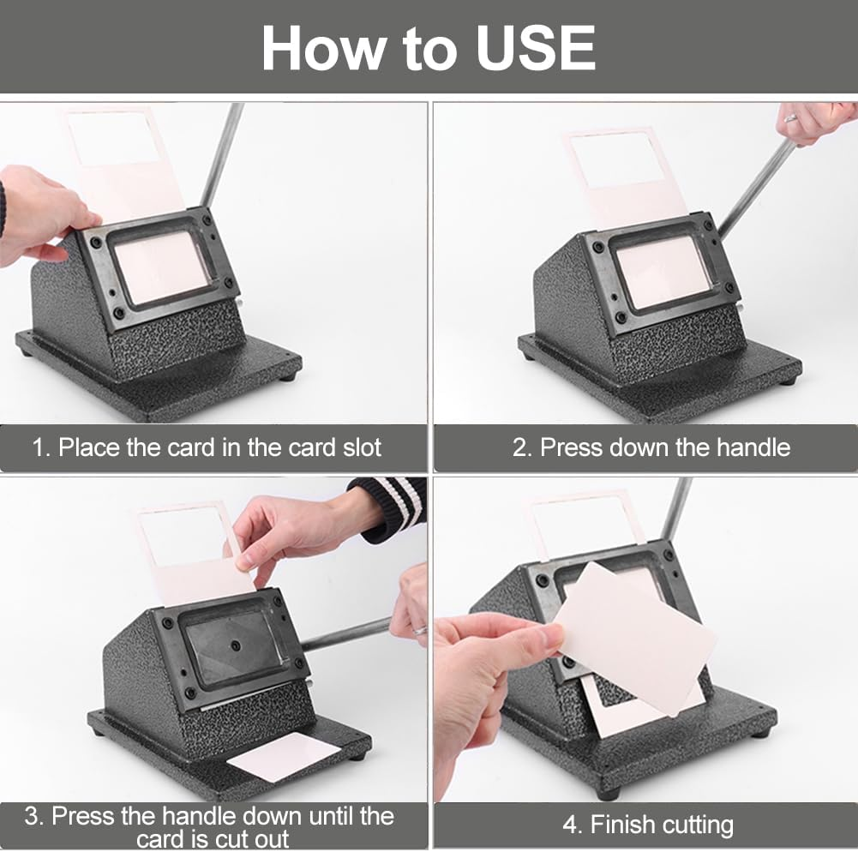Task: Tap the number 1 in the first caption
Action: click(x=38, y=447)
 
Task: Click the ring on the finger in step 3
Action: click(x=420, y=630)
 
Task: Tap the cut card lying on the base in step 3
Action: click(x=284, y=755)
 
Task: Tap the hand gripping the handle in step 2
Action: click(x=814, y=120)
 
